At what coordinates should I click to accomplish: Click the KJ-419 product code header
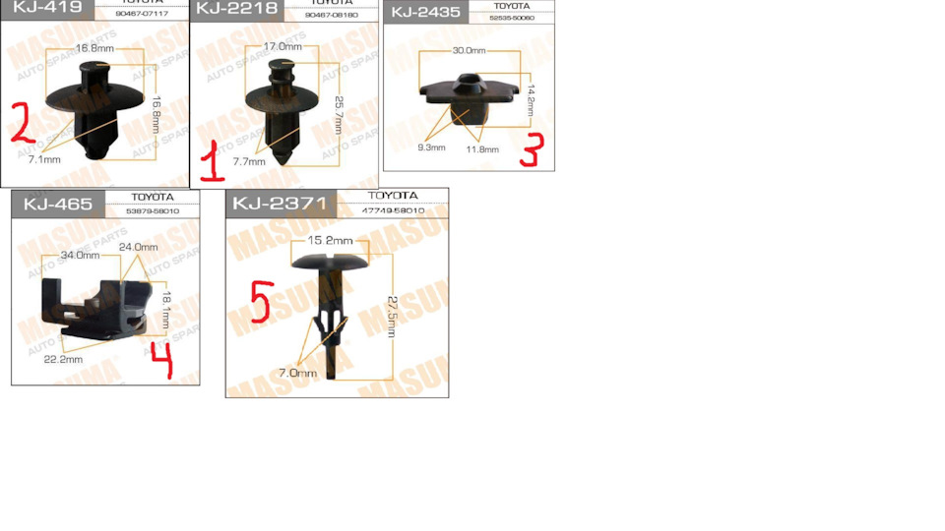click(46, 9)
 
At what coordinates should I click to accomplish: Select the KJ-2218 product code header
click(235, 9)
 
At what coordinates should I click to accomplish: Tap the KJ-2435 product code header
click(426, 12)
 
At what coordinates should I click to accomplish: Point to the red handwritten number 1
click(211, 160)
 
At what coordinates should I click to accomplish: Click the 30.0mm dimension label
click(468, 50)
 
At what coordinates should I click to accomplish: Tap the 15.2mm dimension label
click(330, 240)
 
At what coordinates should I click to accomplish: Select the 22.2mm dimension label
click(63, 359)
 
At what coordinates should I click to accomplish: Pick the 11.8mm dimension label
click(482, 149)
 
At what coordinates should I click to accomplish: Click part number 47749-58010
click(393, 210)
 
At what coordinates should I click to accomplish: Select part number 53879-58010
click(153, 210)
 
